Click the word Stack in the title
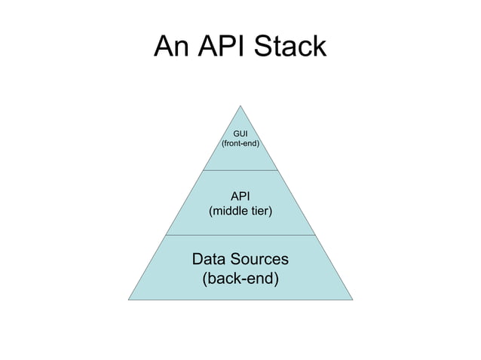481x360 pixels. click(x=290, y=47)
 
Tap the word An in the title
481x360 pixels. click(x=170, y=47)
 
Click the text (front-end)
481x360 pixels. click(x=240, y=143)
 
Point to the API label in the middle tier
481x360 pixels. click(x=240, y=197)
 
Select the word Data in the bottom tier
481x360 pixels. click(x=210, y=259)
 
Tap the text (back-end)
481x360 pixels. click(x=240, y=279)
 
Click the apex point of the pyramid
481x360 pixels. click(x=240, y=105)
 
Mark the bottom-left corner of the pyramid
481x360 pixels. click(x=128, y=300)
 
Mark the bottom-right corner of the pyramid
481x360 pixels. click(x=352, y=300)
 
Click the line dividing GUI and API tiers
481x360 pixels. click(x=240, y=170)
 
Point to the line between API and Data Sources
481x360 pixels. click(x=240, y=235)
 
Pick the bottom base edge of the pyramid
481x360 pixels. click(x=240, y=300)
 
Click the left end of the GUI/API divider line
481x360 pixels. click(x=203, y=170)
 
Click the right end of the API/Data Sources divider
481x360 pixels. click(x=315, y=235)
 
